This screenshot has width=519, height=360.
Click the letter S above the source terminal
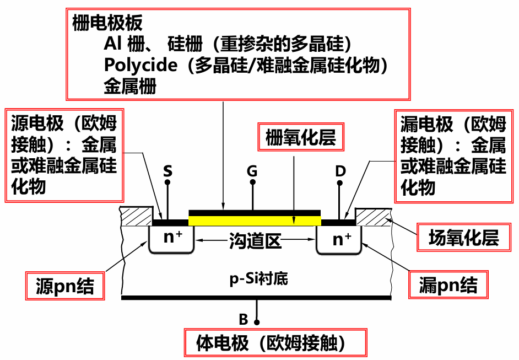coord(167,171)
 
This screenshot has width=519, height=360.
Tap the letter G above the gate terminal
coord(252,171)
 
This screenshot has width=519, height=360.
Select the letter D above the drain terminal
coord(340,171)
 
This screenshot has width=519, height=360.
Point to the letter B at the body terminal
coord(244,319)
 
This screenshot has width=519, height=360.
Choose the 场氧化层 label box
coord(463,238)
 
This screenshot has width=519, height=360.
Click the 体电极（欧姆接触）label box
coord(274,343)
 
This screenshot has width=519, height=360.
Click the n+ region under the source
coord(173,238)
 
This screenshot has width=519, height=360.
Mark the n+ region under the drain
coord(342,239)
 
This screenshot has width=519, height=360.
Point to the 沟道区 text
coord(255,241)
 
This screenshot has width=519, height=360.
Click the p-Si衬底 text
coord(258,278)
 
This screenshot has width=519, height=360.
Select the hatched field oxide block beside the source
coord(137,216)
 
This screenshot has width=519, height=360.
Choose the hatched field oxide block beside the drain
coord(375,216)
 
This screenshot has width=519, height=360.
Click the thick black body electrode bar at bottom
coord(256,298)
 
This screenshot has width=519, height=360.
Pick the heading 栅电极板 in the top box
coord(107,23)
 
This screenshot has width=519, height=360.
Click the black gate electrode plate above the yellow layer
coord(255,212)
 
